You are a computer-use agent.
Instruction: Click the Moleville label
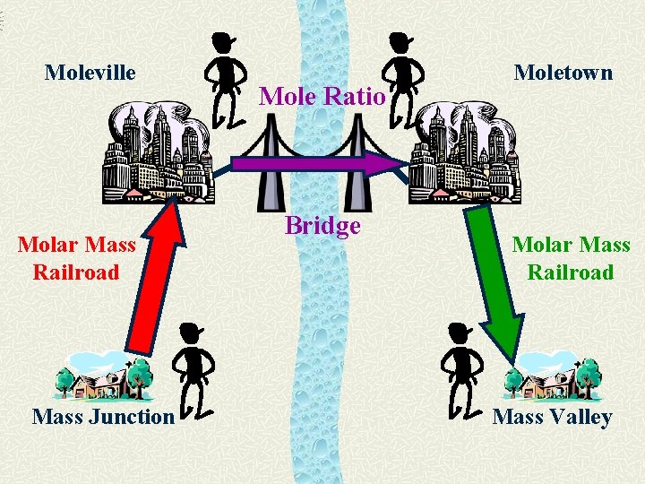pos(90,72)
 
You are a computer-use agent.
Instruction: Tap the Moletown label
pos(563,72)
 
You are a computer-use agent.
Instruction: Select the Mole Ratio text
pos(322,95)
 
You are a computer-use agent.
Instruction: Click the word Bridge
pos(322,225)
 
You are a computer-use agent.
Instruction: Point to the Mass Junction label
pos(103,416)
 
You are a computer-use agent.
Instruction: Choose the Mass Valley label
pos(552,416)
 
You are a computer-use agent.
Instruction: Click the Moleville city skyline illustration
pos(158,152)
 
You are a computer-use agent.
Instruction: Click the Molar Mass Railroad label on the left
pos(77,258)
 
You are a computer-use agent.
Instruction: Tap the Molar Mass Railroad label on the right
pos(571,258)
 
